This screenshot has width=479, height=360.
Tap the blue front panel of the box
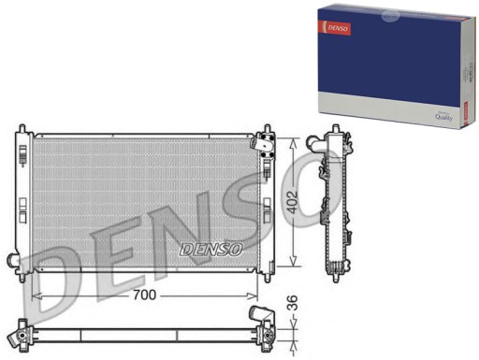pyautogui.click(x=384, y=56)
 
